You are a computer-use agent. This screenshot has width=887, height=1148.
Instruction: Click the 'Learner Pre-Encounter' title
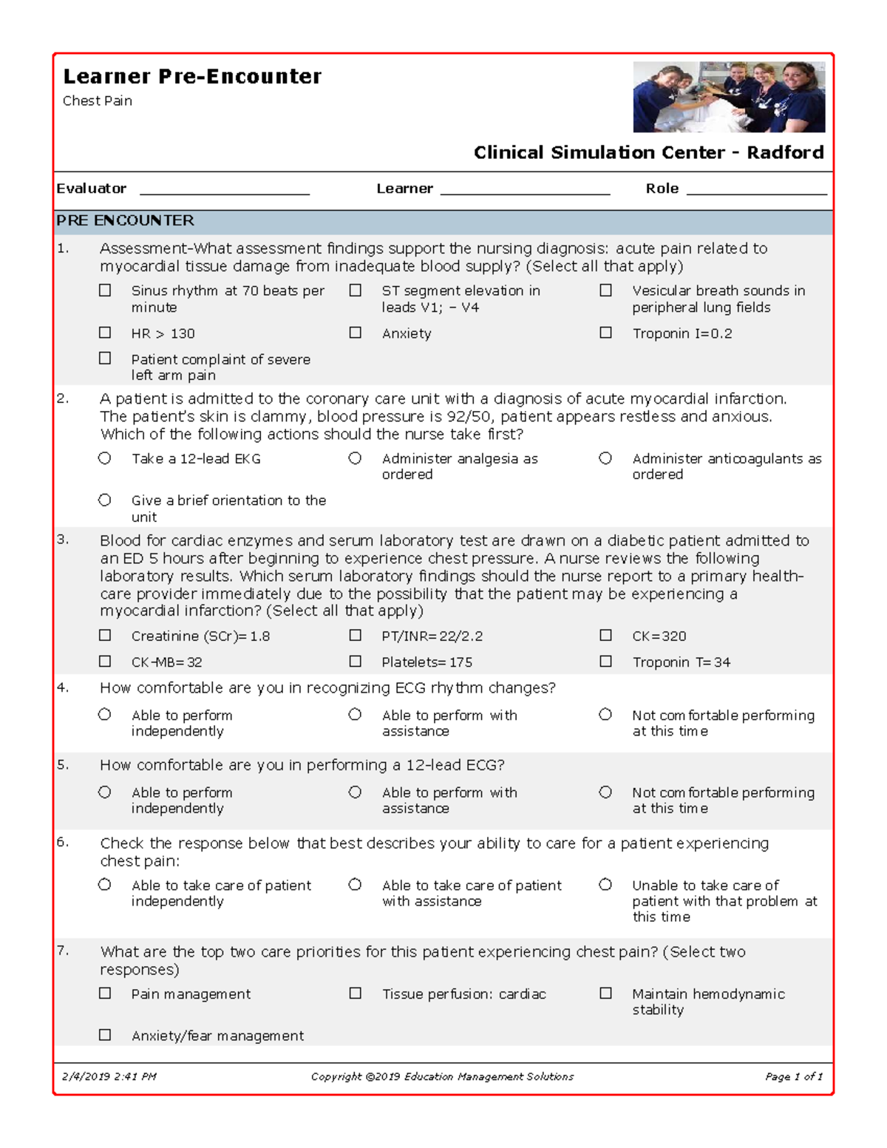(192, 77)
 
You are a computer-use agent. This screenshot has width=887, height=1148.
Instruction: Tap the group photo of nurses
(729, 97)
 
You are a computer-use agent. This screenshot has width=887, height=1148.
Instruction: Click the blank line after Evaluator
(225, 190)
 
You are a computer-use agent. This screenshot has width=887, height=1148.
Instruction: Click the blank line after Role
(756, 190)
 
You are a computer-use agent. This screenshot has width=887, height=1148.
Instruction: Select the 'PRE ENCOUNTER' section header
(126, 221)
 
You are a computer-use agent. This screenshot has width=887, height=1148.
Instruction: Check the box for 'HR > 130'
(105, 333)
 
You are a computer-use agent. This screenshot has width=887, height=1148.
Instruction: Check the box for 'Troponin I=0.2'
(605, 333)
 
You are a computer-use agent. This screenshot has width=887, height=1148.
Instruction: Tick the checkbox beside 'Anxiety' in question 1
(356, 333)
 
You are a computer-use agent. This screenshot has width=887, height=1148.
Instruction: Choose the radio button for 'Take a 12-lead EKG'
(105, 458)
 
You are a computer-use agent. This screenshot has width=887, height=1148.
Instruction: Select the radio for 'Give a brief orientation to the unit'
(105, 500)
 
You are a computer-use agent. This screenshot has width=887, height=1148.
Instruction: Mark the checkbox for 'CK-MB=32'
(105, 662)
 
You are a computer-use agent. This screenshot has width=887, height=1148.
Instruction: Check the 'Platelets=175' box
(356, 662)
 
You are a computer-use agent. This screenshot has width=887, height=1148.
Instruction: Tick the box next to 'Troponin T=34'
(605, 662)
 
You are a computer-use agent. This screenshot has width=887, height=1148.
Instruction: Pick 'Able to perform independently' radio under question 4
(105, 715)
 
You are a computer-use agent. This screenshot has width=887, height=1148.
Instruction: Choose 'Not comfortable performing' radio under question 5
(605, 792)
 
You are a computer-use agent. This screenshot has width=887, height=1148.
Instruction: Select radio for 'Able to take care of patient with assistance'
(356, 885)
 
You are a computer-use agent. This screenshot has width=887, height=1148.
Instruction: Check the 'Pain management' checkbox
(105, 994)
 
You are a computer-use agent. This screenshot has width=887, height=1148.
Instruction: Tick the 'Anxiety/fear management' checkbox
(105, 1036)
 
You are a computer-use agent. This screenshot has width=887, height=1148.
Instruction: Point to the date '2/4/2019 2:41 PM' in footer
(109, 1077)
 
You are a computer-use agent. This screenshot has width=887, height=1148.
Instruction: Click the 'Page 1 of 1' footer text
(793, 1077)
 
